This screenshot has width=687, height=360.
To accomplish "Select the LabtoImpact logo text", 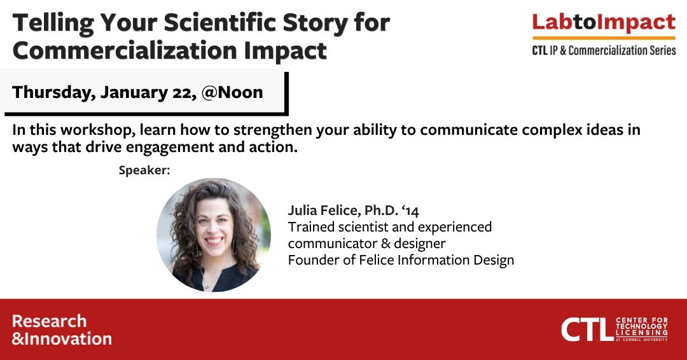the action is (x=604, y=23).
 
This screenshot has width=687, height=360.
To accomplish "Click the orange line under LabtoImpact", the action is (x=604, y=38).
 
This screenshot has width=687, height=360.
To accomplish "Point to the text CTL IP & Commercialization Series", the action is (x=604, y=50).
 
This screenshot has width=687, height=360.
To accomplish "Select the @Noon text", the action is (x=232, y=92).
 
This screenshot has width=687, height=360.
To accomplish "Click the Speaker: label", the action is (x=144, y=170).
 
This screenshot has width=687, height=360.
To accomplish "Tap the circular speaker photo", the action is (x=214, y=235).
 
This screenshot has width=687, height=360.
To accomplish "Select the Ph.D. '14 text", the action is (x=392, y=211).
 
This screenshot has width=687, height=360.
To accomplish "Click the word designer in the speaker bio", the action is (x=420, y=244).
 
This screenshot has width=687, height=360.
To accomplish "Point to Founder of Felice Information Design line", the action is (x=401, y=260).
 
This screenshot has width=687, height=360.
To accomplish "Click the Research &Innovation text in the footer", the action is (x=62, y=329).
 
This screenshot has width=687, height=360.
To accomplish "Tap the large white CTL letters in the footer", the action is (x=587, y=329).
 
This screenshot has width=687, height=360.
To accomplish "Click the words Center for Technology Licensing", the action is (x=641, y=327).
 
